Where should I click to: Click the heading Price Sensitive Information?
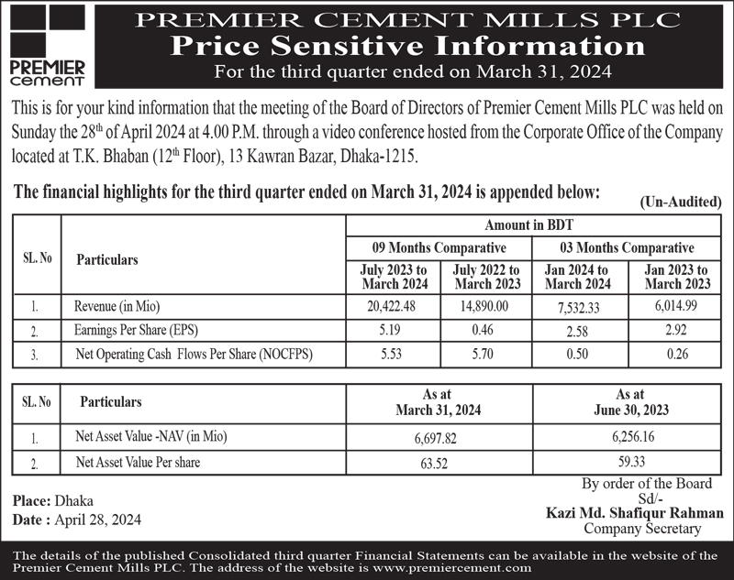(x=411, y=45)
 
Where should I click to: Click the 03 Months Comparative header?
(x=627, y=247)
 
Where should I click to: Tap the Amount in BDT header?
(x=535, y=225)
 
